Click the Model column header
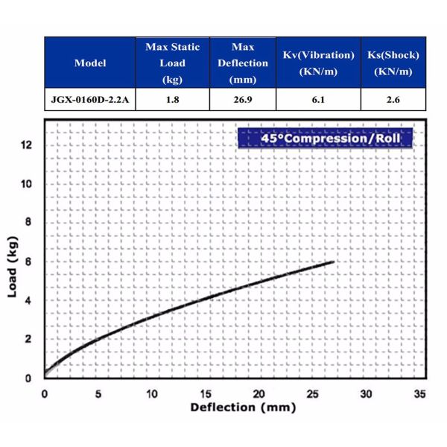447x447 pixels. point(90,63)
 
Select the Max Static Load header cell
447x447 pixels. point(173,63)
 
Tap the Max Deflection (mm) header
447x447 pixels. point(243,63)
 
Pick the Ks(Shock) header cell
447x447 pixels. point(393,63)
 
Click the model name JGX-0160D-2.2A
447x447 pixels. point(90,100)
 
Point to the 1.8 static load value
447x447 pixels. point(173,100)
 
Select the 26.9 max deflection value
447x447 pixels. point(243,100)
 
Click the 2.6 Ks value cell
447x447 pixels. point(393,100)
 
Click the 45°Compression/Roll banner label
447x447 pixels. point(324,138)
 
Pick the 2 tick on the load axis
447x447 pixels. point(29,339)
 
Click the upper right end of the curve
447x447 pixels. point(333,261)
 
